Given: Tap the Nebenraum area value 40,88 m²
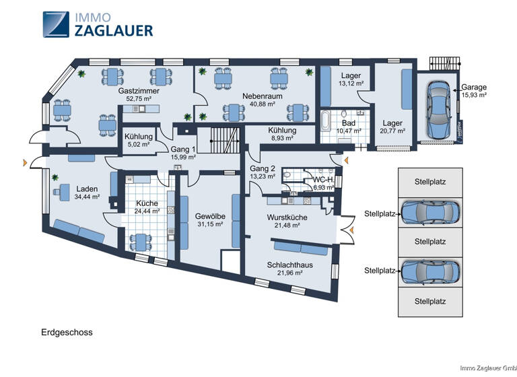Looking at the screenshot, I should [x=262, y=104].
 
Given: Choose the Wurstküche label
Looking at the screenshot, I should [x=287, y=217].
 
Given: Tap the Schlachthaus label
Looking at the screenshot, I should [x=289, y=265].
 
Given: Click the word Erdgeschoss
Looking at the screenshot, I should [x=65, y=333].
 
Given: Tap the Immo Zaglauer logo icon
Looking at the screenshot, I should [x=55, y=24].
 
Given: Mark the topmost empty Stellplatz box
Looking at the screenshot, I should [x=430, y=182].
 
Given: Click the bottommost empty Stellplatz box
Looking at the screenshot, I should [x=430, y=301].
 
